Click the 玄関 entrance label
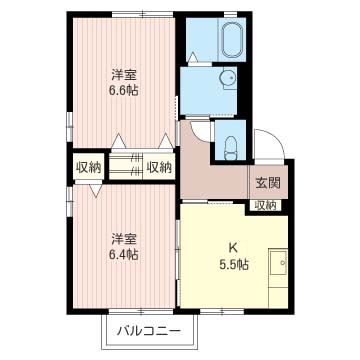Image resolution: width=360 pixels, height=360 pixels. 267,183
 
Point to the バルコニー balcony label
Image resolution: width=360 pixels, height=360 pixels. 147,329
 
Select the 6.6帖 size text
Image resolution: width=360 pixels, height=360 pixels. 124,88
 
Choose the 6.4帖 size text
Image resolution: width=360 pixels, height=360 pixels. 124,254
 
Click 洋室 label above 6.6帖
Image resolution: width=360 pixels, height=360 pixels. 124,72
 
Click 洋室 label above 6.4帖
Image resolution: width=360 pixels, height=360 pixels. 124,238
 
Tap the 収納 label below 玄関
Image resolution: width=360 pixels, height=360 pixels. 265,205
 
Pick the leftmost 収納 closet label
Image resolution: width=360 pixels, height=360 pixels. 89,167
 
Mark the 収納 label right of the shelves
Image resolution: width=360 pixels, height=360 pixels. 158,167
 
